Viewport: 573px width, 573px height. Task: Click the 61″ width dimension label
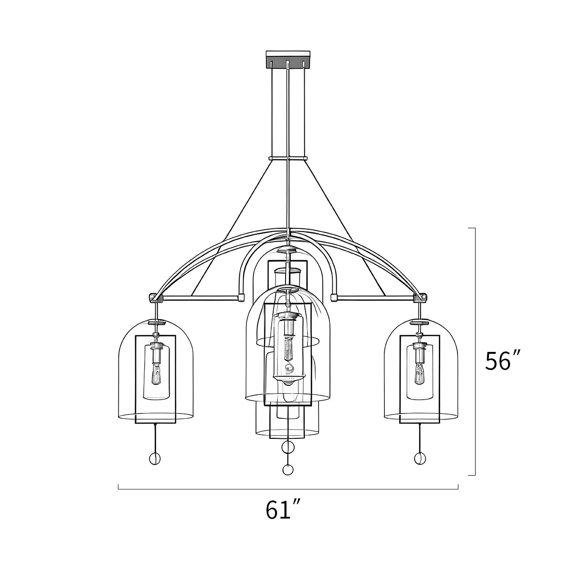point(283,510)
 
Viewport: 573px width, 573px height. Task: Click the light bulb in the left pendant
point(156,373)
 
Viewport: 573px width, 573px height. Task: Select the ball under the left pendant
point(155,459)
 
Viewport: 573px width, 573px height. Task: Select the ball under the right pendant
point(419,458)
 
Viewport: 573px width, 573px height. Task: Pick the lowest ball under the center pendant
point(287,470)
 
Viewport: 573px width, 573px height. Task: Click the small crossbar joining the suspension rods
point(287,158)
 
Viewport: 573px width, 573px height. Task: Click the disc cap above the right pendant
point(420,323)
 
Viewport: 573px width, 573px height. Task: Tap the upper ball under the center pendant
point(288,447)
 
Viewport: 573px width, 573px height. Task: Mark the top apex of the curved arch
point(288,229)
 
